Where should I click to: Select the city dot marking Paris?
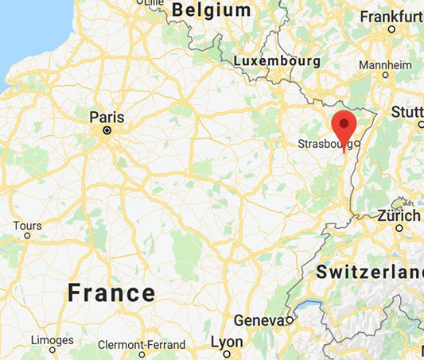tap(106, 129)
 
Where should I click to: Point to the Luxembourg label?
tap(278, 60)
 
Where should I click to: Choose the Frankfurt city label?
tap(391, 16)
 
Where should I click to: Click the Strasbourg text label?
tap(324, 144)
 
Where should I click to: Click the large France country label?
tap(111, 292)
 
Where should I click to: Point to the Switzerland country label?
tap(369, 272)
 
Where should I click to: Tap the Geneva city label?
tap(259, 319)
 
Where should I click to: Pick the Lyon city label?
tap(227, 341)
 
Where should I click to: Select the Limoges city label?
tap(52, 339)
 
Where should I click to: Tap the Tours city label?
tap(27, 225)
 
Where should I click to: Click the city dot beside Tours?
tap(27, 235)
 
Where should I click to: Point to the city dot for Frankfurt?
tap(391, 29)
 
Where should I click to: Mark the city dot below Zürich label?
tap(399, 228)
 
